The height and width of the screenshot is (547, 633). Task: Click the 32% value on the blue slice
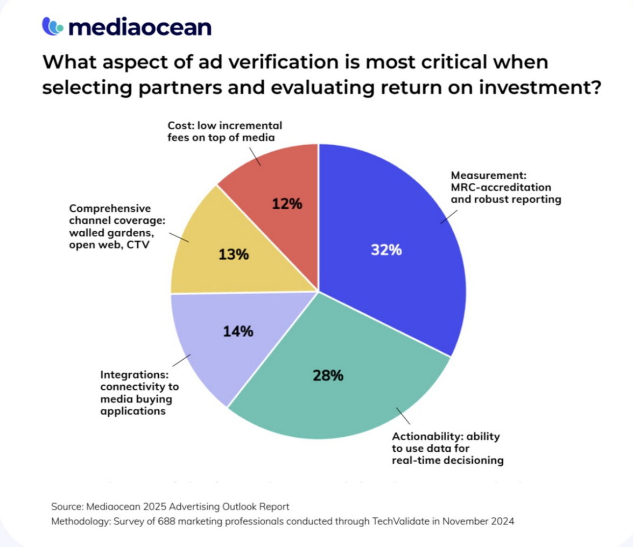click(386, 250)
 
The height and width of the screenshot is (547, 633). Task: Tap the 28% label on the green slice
click(328, 375)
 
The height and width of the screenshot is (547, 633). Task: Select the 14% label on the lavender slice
click(238, 331)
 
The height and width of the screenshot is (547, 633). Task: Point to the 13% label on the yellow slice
click(234, 254)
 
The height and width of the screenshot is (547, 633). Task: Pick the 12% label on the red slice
click(287, 204)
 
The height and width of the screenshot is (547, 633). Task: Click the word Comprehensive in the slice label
click(110, 208)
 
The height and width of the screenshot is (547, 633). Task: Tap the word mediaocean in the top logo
click(139, 27)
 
